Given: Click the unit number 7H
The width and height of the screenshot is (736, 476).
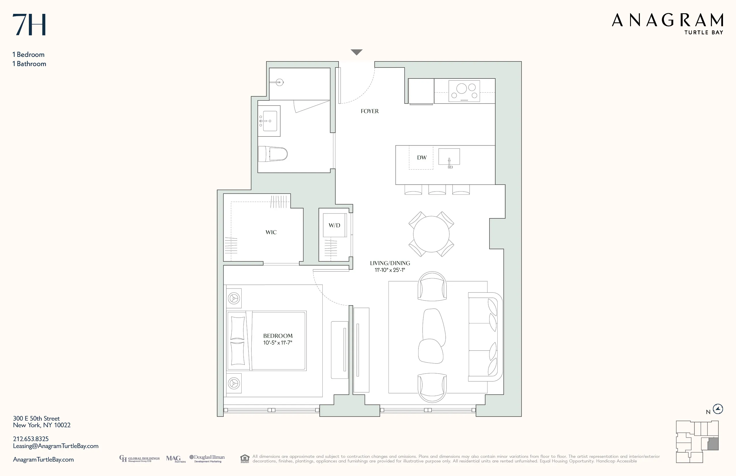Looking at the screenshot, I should tap(29, 25).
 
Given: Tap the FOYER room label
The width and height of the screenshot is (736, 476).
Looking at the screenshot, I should tap(369, 111).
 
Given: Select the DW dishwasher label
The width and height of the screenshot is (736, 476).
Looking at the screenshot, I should tap(421, 158).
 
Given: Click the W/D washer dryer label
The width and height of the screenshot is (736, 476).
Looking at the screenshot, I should tap(334, 225).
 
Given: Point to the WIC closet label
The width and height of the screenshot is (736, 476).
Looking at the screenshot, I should tap(271, 233).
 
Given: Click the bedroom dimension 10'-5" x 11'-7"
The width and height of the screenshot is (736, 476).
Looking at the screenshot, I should tap(278, 343).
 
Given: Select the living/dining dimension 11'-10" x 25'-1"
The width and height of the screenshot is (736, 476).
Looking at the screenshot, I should tap(390, 270).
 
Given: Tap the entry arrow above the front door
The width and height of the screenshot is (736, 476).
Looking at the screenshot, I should tap(356, 52).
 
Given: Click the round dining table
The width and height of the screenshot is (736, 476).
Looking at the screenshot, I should tap(431, 234).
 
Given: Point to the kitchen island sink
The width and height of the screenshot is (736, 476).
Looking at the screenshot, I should tap(449, 157).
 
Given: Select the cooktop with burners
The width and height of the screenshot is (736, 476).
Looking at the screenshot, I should tap(464, 91).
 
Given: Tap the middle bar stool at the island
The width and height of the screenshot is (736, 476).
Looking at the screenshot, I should tap(437, 190).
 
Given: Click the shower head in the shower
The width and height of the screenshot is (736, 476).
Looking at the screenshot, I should tap(280, 82).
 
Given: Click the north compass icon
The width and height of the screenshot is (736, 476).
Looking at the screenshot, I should tap(718, 409).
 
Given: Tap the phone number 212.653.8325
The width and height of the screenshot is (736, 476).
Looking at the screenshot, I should tap(31, 439).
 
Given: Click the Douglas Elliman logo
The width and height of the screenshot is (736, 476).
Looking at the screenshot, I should tap(207, 459).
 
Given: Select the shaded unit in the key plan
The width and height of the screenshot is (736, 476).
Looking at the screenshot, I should tap(713, 444).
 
